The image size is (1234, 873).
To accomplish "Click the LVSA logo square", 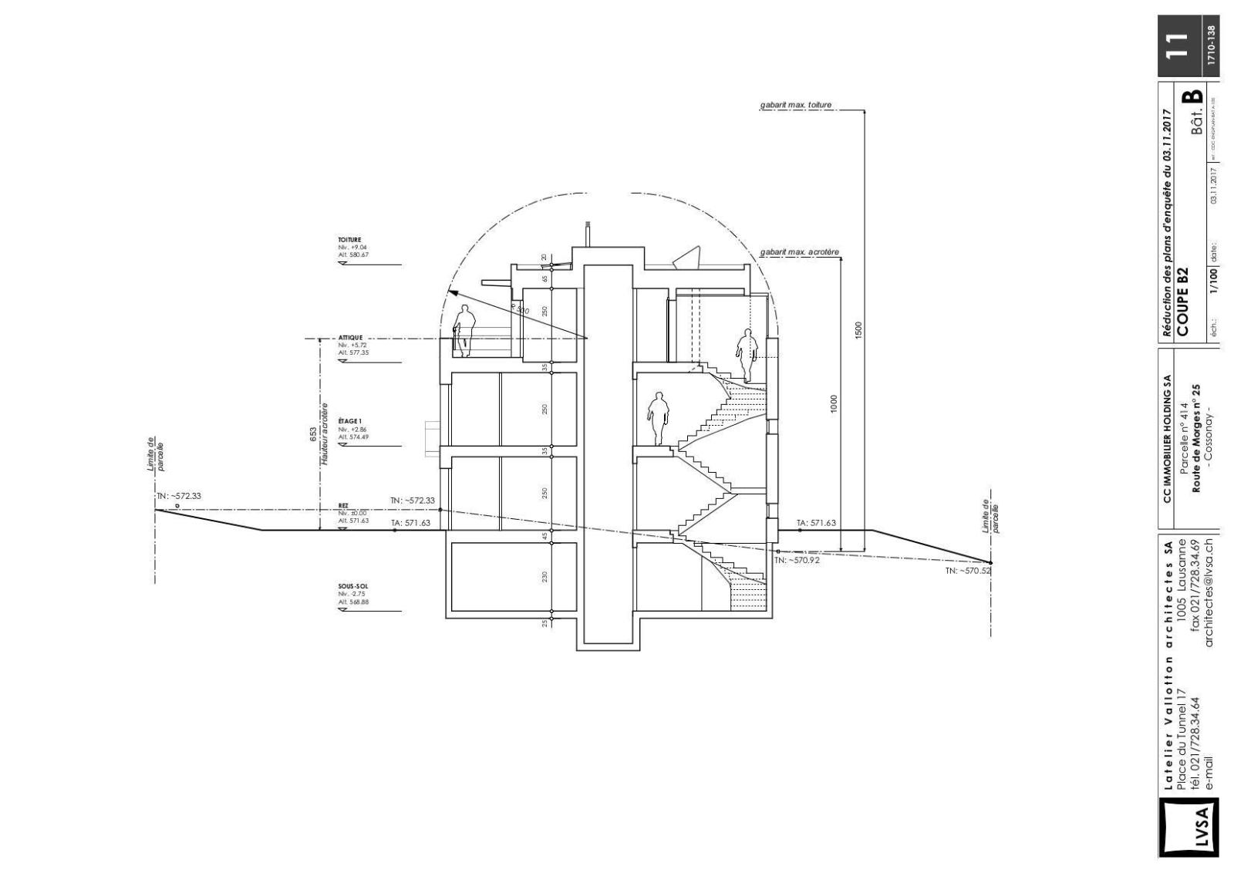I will (1188, 827).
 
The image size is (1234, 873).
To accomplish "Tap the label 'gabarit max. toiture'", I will (795, 105).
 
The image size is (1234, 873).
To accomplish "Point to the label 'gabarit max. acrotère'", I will (799, 252).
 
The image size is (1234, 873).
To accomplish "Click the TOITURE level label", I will (349, 240).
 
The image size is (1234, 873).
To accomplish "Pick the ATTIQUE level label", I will (350, 338).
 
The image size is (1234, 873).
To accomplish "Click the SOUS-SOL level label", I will (352, 586).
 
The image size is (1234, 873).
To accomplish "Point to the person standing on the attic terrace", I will (464, 330).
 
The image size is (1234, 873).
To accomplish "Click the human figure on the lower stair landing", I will (658, 418).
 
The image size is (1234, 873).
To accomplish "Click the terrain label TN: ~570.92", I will (797, 561).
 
